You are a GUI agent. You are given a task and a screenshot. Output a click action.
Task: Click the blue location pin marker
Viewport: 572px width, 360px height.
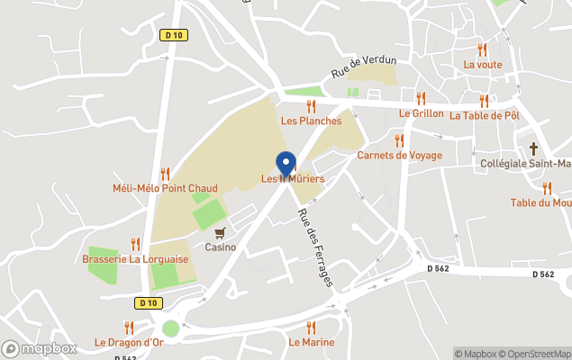(x=286, y=164)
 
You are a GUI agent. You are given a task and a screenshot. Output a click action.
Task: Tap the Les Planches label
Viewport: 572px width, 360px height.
(x=311, y=121)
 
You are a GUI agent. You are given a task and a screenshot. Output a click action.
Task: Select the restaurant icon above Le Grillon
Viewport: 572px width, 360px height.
(x=421, y=98)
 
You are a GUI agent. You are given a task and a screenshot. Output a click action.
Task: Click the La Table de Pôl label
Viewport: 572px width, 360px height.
(x=485, y=115)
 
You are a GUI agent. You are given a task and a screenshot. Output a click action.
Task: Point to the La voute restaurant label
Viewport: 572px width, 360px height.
(x=482, y=64)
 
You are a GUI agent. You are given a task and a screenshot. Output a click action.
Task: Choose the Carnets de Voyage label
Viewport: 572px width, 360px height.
(x=399, y=155)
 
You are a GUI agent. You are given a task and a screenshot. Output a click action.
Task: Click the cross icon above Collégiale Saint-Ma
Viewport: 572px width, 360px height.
(x=533, y=148)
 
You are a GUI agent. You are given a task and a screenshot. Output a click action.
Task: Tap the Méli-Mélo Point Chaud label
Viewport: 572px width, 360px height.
(x=165, y=188)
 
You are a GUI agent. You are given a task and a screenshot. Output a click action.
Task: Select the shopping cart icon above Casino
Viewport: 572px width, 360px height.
(x=220, y=232)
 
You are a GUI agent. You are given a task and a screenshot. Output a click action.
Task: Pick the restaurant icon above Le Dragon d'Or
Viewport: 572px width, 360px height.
(x=129, y=328)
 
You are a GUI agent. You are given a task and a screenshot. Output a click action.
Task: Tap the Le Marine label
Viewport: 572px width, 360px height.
(x=311, y=342)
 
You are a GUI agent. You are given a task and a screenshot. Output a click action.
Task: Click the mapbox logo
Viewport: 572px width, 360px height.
(x=40, y=348)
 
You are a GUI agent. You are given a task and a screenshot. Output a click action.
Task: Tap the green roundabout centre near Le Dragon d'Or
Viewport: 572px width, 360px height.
(x=170, y=329)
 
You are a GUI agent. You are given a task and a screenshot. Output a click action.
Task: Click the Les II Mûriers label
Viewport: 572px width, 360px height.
(x=293, y=179)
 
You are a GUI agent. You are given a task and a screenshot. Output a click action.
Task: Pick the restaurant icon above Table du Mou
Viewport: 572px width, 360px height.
(x=547, y=188)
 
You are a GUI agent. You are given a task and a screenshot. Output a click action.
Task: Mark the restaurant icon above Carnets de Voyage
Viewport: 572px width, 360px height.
(x=399, y=140)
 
